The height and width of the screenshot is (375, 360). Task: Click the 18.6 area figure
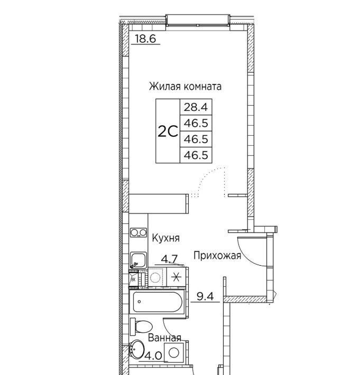tap(145, 39)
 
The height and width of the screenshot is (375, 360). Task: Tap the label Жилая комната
tap(185, 86)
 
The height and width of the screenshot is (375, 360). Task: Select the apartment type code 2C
tap(168, 132)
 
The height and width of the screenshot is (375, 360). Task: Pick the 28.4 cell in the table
tap(196, 107)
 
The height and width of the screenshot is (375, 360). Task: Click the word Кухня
tap(166, 238)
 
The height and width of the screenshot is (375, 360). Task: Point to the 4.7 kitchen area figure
tap(169, 259)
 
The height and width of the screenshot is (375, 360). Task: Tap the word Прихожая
tap(217, 256)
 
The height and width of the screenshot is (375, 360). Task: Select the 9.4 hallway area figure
tap(205, 296)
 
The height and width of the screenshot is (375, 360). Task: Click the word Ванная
tap(165, 337)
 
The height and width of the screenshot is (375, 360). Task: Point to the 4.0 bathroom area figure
tap(153, 356)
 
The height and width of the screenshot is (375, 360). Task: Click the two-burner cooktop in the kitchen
tap(139, 232)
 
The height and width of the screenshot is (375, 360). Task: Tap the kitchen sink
tap(139, 260)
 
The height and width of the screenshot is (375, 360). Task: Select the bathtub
tap(157, 302)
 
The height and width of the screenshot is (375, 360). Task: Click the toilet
tap(141, 326)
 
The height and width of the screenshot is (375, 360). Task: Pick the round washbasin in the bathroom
tap(137, 350)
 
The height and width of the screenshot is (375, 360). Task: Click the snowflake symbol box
tap(176, 277)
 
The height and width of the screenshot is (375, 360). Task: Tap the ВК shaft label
tap(133, 279)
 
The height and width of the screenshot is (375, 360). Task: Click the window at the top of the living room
tap(198, 20)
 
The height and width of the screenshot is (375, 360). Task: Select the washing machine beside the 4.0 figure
tap(174, 352)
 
